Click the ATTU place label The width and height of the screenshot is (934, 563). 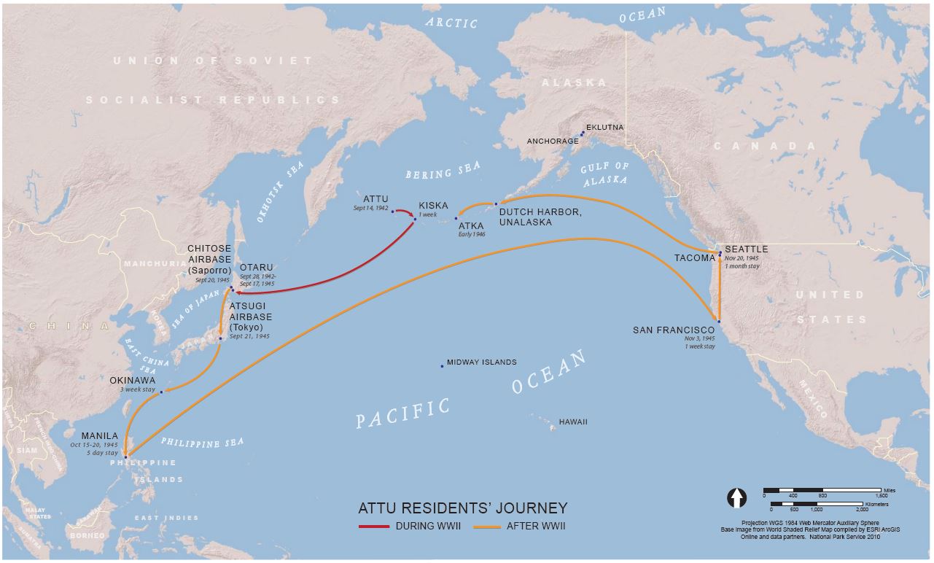[375, 199]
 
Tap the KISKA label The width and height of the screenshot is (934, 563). [433, 206]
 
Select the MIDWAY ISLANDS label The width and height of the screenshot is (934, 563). [481, 362]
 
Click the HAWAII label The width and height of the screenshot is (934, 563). [572, 422]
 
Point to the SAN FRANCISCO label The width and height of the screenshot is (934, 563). [674, 330]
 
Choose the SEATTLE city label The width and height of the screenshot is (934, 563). [746, 249]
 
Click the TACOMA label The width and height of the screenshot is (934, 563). [694, 258]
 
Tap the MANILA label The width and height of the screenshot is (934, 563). [99, 436]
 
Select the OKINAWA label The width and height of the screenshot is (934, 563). [132, 380]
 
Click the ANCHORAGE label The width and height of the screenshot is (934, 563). [553, 141]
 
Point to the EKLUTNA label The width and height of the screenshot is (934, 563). [604, 128]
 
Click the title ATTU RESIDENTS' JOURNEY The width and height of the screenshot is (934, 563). [462, 508]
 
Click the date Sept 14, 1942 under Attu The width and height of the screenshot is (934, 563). [371, 209]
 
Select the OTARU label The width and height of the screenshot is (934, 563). [255, 267]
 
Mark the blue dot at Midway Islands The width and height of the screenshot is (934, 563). [442, 366]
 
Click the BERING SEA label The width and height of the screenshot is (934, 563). [443, 171]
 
